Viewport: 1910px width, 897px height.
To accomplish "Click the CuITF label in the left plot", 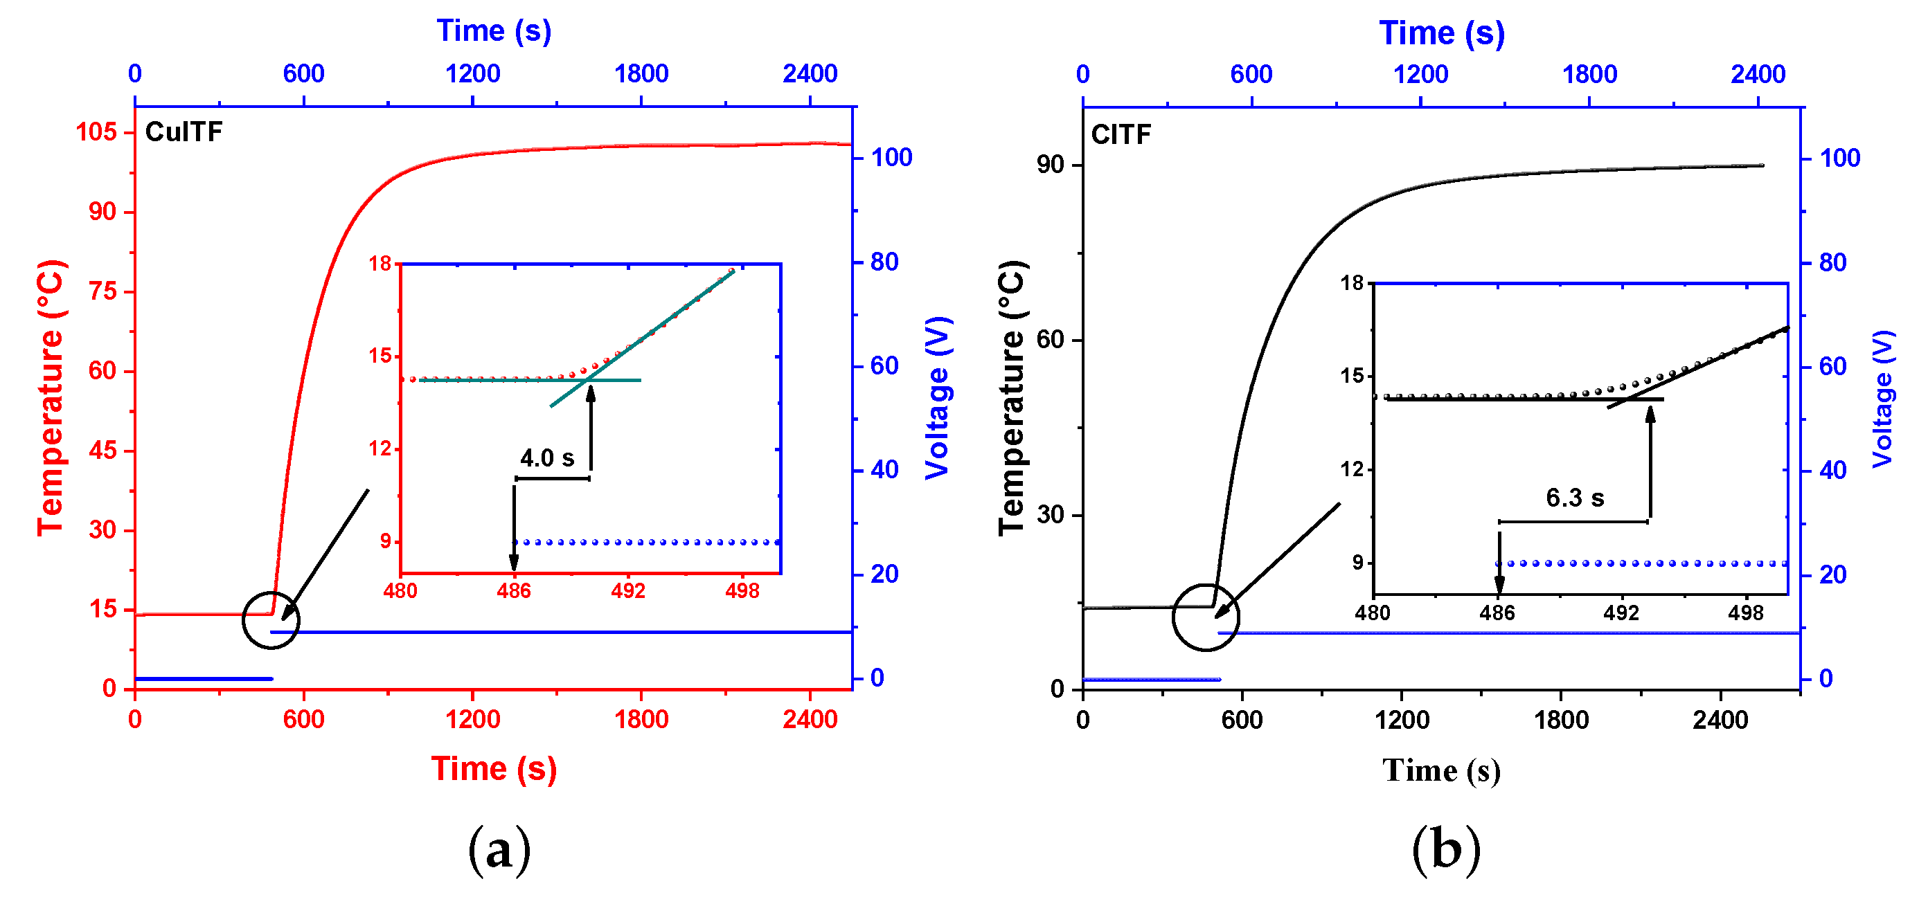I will tap(183, 132).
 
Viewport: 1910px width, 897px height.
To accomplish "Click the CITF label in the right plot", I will tap(1121, 135).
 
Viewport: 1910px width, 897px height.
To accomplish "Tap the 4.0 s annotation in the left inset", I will tap(546, 458).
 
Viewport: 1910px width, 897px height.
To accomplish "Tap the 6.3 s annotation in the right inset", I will tap(1574, 498).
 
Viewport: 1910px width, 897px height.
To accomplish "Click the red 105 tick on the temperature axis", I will tap(96, 132).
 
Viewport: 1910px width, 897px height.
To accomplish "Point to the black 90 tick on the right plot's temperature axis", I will tap(1050, 165).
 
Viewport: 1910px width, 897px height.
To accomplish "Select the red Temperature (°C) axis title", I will tap(51, 397).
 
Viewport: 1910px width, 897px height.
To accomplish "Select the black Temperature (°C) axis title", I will tap(1010, 397).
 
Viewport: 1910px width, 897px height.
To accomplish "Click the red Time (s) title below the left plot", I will tap(493, 768).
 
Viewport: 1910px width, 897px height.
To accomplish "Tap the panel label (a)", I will tap(499, 849).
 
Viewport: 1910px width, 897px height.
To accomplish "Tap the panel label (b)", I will tap(1445, 849).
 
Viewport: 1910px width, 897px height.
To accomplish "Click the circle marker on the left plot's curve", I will tap(271, 620).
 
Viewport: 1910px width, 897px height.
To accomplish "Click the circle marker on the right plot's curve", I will tap(1206, 617).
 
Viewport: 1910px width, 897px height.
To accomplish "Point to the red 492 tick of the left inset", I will tap(627, 591).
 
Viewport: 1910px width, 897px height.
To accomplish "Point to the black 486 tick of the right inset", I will tap(1497, 613).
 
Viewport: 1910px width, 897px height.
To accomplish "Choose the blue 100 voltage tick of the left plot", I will tap(891, 157).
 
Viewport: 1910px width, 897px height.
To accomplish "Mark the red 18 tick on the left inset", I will tap(380, 263).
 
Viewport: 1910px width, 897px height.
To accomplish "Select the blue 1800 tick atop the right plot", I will tap(1589, 74).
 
